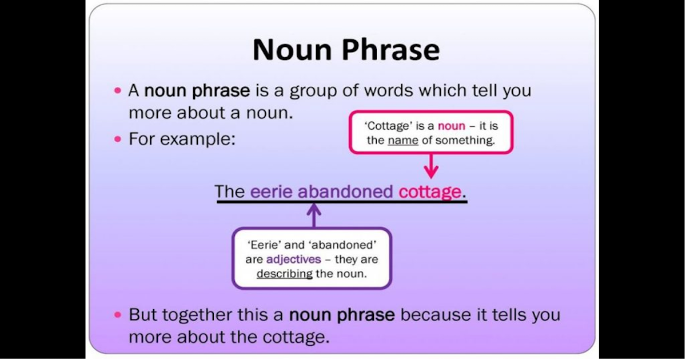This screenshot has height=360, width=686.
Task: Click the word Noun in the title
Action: (x=293, y=50)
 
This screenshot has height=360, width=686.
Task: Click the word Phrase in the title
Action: (x=391, y=50)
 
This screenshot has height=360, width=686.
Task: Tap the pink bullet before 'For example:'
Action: (x=118, y=139)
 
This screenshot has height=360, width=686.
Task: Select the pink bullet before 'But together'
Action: (x=118, y=315)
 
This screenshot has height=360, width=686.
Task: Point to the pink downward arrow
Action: (x=431, y=166)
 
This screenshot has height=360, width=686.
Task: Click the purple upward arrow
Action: (x=314, y=215)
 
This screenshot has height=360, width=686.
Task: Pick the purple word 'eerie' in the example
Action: (x=272, y=191)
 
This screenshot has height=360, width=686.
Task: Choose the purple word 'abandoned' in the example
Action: (x=345, y=191)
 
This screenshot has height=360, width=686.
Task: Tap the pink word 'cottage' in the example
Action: (x=430, y=192)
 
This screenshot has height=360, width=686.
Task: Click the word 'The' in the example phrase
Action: (x=230, y=191)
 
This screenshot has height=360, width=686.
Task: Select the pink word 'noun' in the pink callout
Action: (x=452, y=126)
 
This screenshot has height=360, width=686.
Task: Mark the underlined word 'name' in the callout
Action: (x=403, y=140)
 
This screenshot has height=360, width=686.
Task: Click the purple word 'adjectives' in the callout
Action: (x=294, y=259)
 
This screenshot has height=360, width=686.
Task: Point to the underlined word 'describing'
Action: (x=285, y=274)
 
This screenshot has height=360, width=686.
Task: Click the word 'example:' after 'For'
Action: (x=198, y=139)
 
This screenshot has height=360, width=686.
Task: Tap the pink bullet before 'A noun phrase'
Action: (x=118, y=91)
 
